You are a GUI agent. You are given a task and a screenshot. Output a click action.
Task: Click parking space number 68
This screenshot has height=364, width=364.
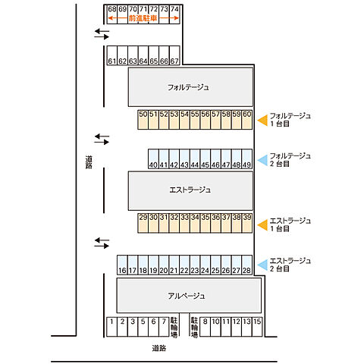click(x=112, y=14)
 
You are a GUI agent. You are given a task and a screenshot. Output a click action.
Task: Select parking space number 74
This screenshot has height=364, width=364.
click(x=174, y=14)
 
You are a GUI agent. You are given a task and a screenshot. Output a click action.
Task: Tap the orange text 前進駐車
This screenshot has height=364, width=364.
click(x=143, y=18)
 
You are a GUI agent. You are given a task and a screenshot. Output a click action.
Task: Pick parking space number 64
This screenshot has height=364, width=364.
click(x=143, y=55)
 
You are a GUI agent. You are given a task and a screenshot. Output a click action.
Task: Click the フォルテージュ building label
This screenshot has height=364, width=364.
click(x=188, y=87)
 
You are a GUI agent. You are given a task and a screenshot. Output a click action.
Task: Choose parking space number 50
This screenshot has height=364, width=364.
click(x=143, y=120)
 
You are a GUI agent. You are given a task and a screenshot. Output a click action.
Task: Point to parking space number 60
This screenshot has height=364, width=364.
click(x=247, y=120)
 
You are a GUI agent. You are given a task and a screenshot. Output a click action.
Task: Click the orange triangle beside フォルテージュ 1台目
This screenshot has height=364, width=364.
click(x=262, y=120)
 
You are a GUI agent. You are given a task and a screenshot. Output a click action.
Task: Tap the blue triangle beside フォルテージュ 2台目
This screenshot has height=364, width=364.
click(x=262, y=160)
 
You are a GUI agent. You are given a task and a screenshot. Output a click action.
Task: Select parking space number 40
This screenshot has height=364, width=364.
click(x=153, y=158)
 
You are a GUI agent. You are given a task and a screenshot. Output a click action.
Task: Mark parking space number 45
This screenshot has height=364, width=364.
click(x=206, y=158)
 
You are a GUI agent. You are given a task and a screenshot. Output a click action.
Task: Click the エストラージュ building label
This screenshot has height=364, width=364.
click(x=190, y=190)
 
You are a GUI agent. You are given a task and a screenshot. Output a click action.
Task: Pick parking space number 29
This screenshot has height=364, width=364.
click(x=143, y=223)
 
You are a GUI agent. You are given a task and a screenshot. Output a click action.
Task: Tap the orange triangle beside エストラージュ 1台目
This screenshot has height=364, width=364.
click(x=262, y=225)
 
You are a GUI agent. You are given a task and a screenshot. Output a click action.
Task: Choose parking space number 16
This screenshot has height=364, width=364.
click(x=122, y=265)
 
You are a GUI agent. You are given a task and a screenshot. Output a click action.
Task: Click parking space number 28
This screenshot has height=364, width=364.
click(x=247, y=265)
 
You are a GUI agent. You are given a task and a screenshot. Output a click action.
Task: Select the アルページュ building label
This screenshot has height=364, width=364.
click(x=187, y=296)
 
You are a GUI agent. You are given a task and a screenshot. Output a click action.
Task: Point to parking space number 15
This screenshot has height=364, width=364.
click(x=257, y=327)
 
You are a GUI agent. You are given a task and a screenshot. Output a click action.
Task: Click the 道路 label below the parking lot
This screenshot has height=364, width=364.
click(x=159, y=348)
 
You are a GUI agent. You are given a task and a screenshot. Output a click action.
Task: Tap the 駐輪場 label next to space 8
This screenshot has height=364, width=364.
click(x=194, y=328)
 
